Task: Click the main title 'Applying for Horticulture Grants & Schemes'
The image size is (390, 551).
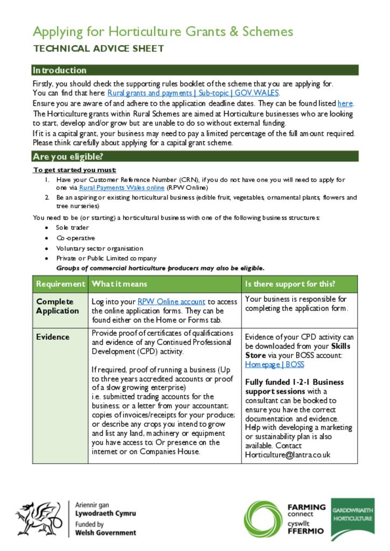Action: point(163,31)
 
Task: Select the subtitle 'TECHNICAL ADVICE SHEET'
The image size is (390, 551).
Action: point(99,49)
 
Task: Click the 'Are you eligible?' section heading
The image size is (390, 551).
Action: point(67,157)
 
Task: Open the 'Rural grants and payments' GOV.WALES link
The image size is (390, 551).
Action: point(193,93)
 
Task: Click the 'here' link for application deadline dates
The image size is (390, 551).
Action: point(345,103)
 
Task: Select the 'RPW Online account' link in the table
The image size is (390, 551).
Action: point(171,302)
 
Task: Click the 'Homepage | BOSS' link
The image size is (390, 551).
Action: point(274,364)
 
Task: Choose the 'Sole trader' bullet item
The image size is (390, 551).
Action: point(72,228)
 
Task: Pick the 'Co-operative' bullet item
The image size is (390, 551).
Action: point(75,238)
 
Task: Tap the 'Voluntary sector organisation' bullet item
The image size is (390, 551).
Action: point(100,248)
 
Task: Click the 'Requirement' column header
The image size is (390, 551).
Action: point(60,284)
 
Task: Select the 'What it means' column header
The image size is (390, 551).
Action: point(120,284)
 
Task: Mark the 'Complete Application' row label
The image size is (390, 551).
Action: point(58,306)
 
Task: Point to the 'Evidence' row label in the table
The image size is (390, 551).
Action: point(53,337)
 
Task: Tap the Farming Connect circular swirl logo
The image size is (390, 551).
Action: point(263,518)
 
